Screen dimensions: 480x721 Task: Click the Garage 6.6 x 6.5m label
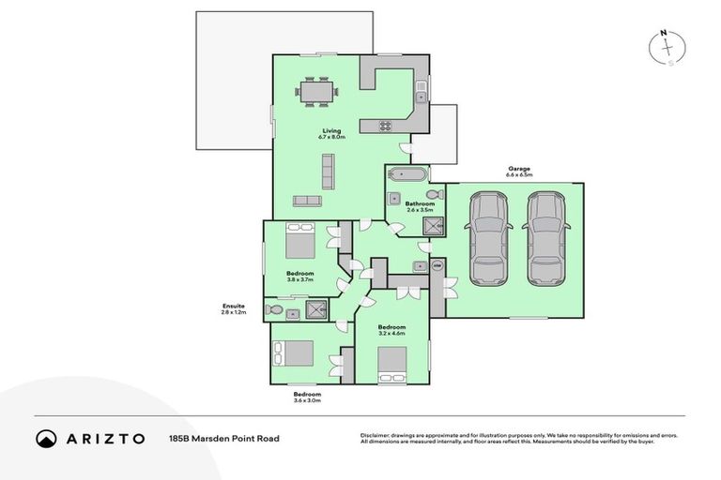click(519, 172)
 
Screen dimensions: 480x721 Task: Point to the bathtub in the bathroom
click(407, 174)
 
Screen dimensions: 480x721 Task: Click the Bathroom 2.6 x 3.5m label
click(420, 206)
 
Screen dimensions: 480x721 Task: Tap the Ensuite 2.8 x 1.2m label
click(233, 308)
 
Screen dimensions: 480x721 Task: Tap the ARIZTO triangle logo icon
click(46, 438)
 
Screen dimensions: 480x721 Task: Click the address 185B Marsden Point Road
click(224, 438)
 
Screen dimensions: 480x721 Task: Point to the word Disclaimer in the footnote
click(376, 435)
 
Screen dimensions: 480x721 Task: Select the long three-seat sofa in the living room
click(328, 170)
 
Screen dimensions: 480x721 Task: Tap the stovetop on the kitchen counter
click(386, 126)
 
